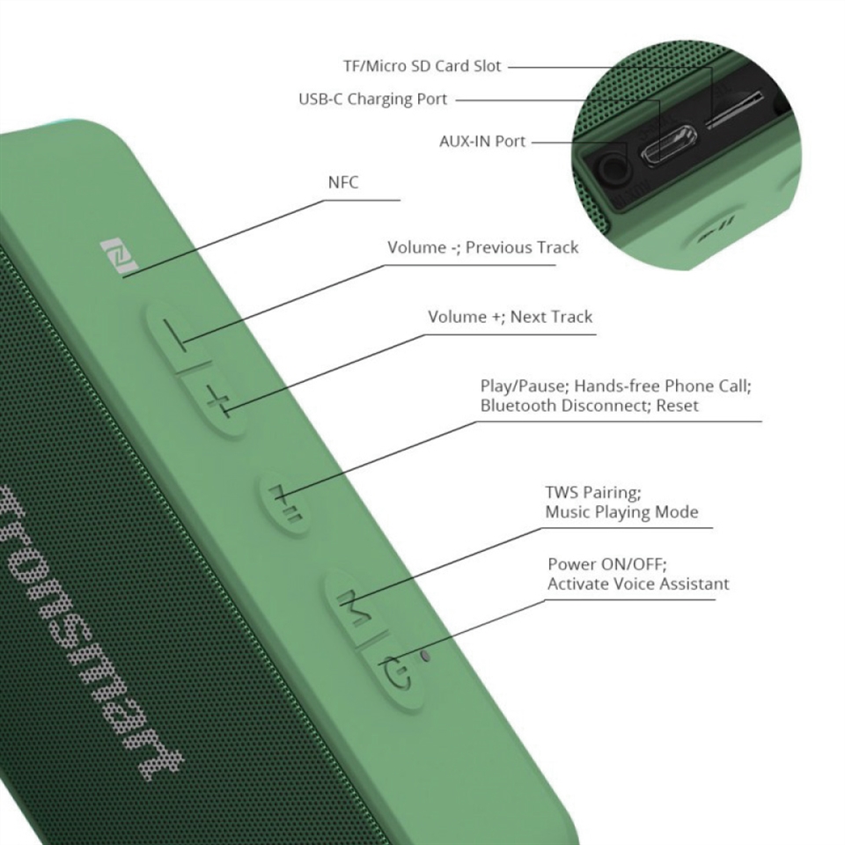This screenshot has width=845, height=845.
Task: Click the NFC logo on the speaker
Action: click(x=120, y=258)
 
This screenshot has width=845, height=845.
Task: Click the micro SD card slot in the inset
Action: click(x=735, y=111)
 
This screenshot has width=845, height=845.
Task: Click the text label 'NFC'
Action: click(x=343, y=182)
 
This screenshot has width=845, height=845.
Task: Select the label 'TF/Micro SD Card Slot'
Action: click(x=422, y=66)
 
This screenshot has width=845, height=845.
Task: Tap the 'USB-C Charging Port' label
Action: click(x=373, y=99)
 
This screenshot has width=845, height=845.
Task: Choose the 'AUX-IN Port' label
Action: click(x=482, y=141)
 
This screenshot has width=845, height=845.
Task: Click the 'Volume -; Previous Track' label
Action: click(x=483, y=247)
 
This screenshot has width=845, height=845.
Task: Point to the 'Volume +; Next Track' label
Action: click(x=510, y=316)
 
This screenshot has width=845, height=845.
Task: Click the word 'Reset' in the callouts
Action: click(x=677, y=405)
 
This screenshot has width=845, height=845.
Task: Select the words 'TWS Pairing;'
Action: click(x=592, y=493)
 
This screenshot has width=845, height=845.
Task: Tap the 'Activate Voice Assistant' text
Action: click(x=638, y=584)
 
